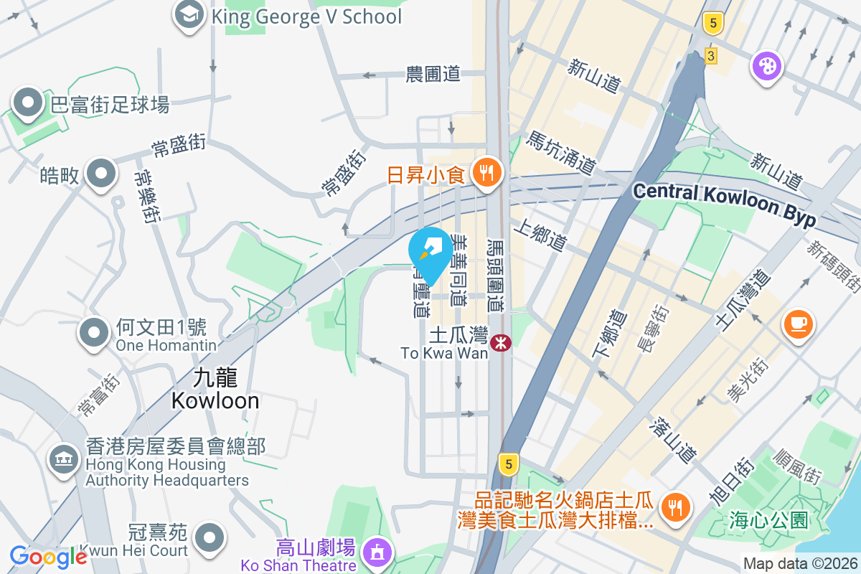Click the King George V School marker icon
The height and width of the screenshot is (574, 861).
[189, 15]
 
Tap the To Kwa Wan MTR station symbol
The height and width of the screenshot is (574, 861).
[500, 342]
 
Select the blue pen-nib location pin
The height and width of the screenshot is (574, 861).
[430, 250]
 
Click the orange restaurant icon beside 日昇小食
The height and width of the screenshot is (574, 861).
[488, 172]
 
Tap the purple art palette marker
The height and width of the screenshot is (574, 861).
[766, 67]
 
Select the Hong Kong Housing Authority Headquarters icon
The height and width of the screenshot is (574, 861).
[63, 458]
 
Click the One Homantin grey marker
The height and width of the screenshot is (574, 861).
[95, 332]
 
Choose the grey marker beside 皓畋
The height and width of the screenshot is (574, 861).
[101, 174]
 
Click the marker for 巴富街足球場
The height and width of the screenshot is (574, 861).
[28, 104]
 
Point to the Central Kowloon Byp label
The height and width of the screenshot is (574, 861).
[725, 204]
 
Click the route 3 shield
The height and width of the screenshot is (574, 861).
[711, 55]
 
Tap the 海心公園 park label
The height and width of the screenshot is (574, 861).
[768, 518]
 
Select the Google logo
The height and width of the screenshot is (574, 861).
[48, 556]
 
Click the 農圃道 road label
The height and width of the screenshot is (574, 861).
[433, 74]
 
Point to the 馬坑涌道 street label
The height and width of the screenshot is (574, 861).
[562, 153]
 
